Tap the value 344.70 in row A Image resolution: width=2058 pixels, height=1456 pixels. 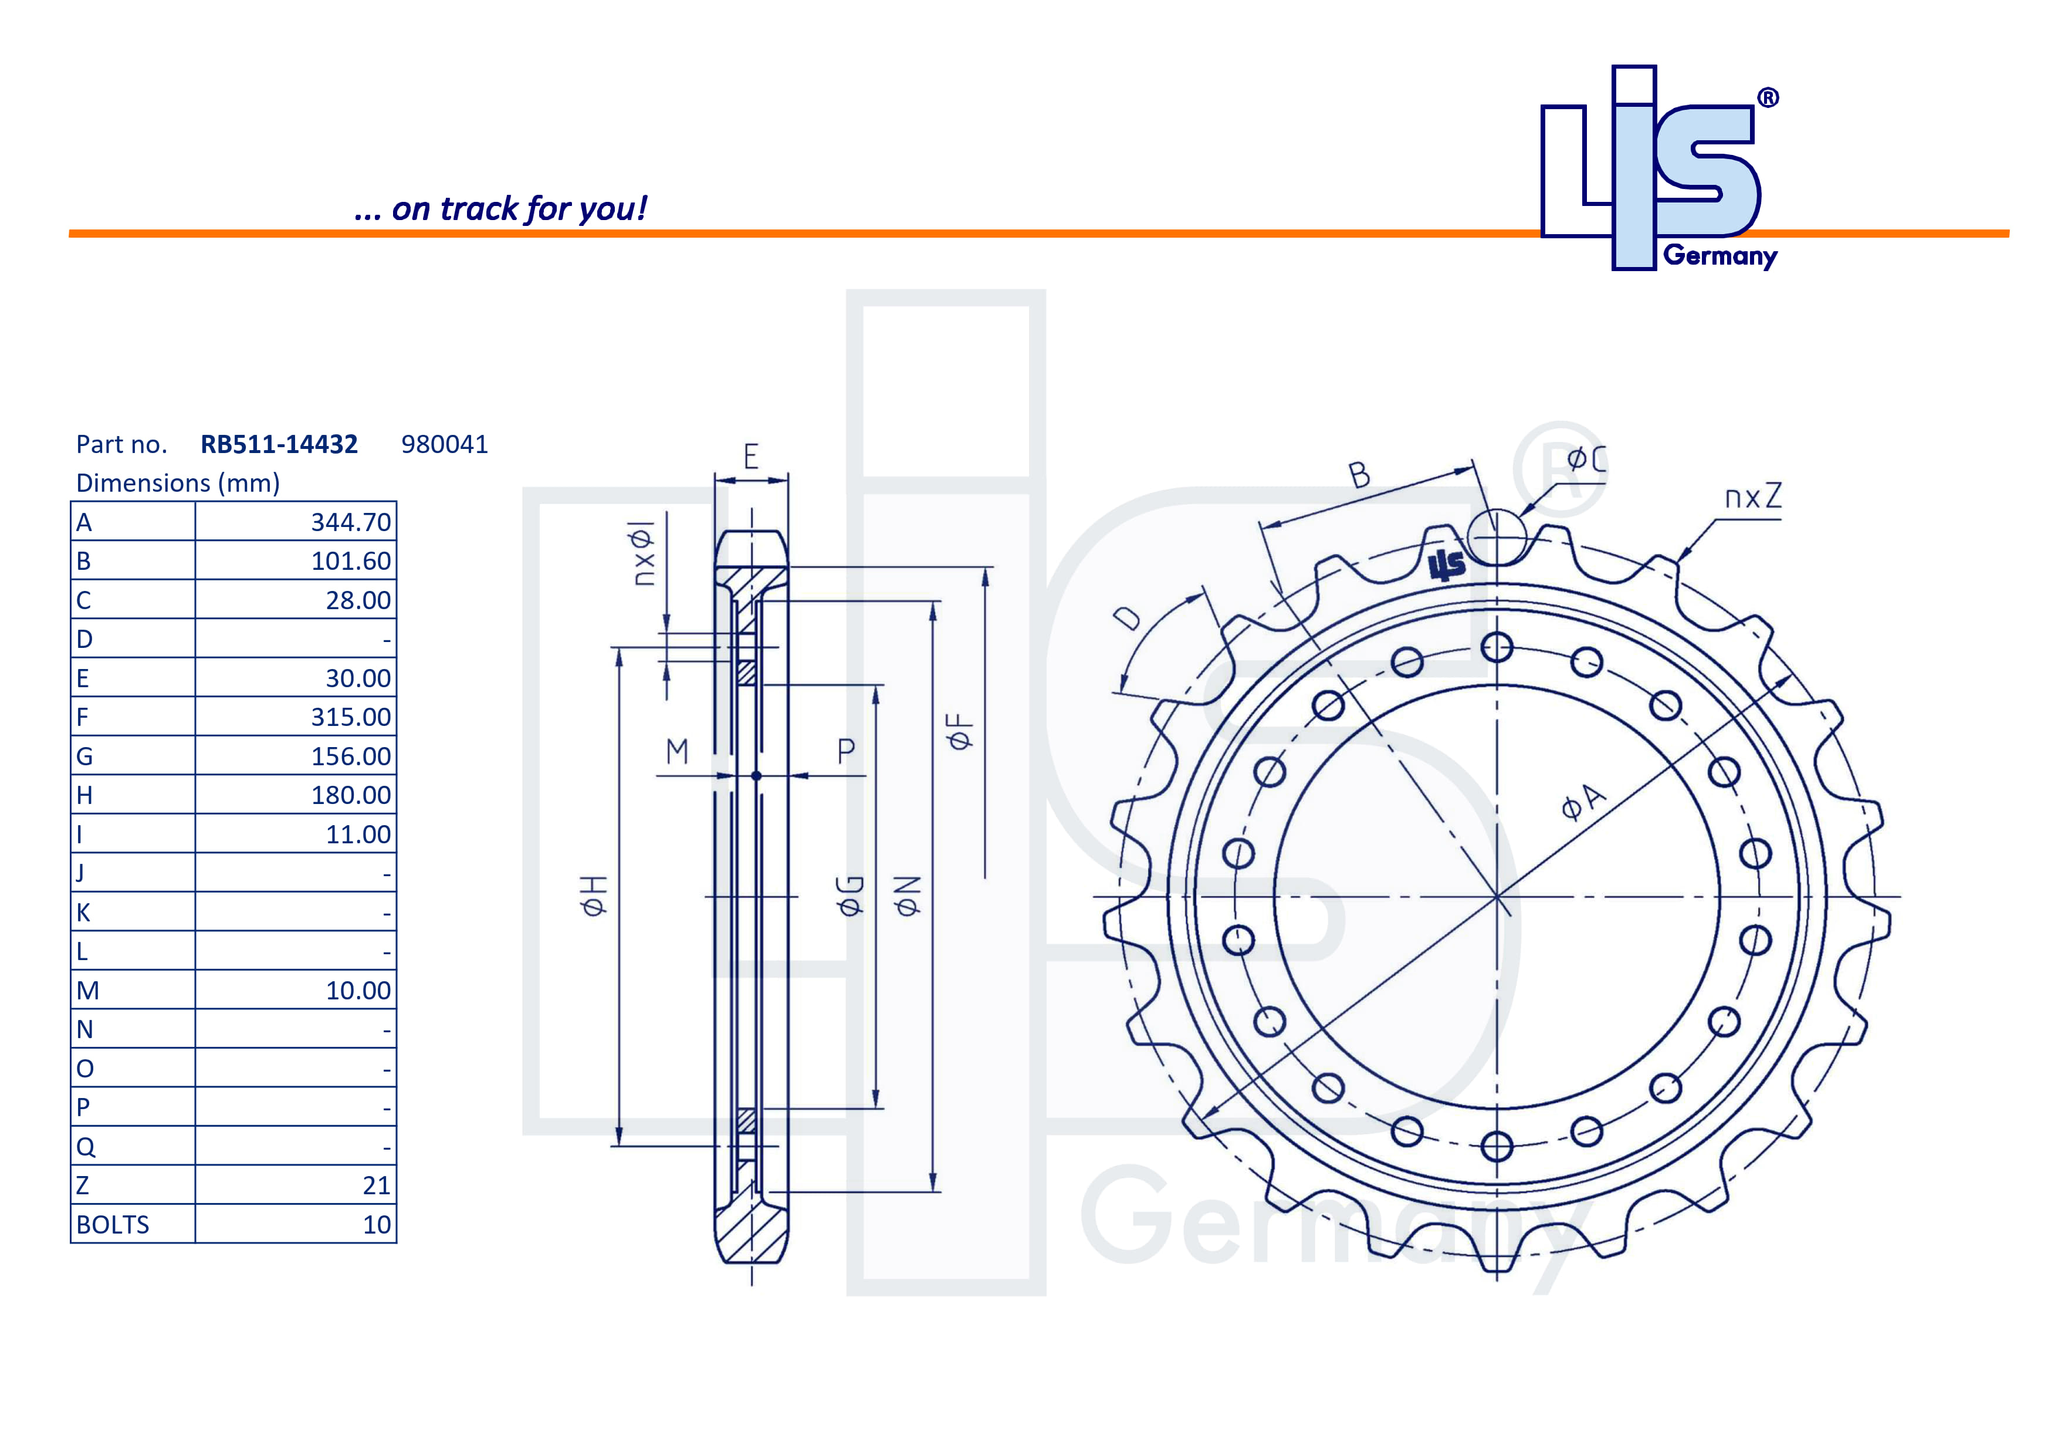(350, 522)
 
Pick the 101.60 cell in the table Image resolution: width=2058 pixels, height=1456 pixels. (350, 561)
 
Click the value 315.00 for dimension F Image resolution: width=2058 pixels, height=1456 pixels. (350, 717)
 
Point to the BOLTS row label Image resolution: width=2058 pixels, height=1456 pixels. (113, 1225)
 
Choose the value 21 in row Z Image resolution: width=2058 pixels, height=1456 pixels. (377, 1185)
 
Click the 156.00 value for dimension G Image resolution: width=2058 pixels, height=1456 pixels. (350, 756)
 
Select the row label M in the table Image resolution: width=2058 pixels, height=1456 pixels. (88, 991)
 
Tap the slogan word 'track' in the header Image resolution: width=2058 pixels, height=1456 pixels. (479, 209)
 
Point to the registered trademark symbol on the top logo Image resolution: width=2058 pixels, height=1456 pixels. (1768, 98)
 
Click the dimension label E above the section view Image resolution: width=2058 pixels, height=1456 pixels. (751, 457)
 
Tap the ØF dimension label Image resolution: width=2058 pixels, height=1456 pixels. (959, 731)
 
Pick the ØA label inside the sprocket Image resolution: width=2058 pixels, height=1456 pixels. (1584, 800)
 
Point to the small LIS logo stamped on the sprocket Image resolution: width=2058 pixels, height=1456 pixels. (1446, 565)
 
